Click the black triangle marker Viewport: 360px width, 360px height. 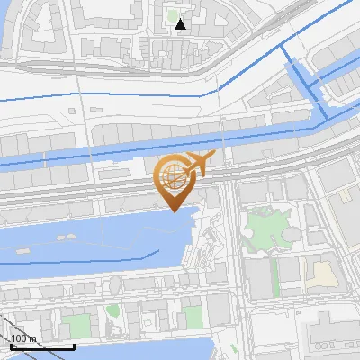pos(181,24)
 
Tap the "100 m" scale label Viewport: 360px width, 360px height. pos(23,338)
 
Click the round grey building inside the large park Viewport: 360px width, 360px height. pos(292,233)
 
